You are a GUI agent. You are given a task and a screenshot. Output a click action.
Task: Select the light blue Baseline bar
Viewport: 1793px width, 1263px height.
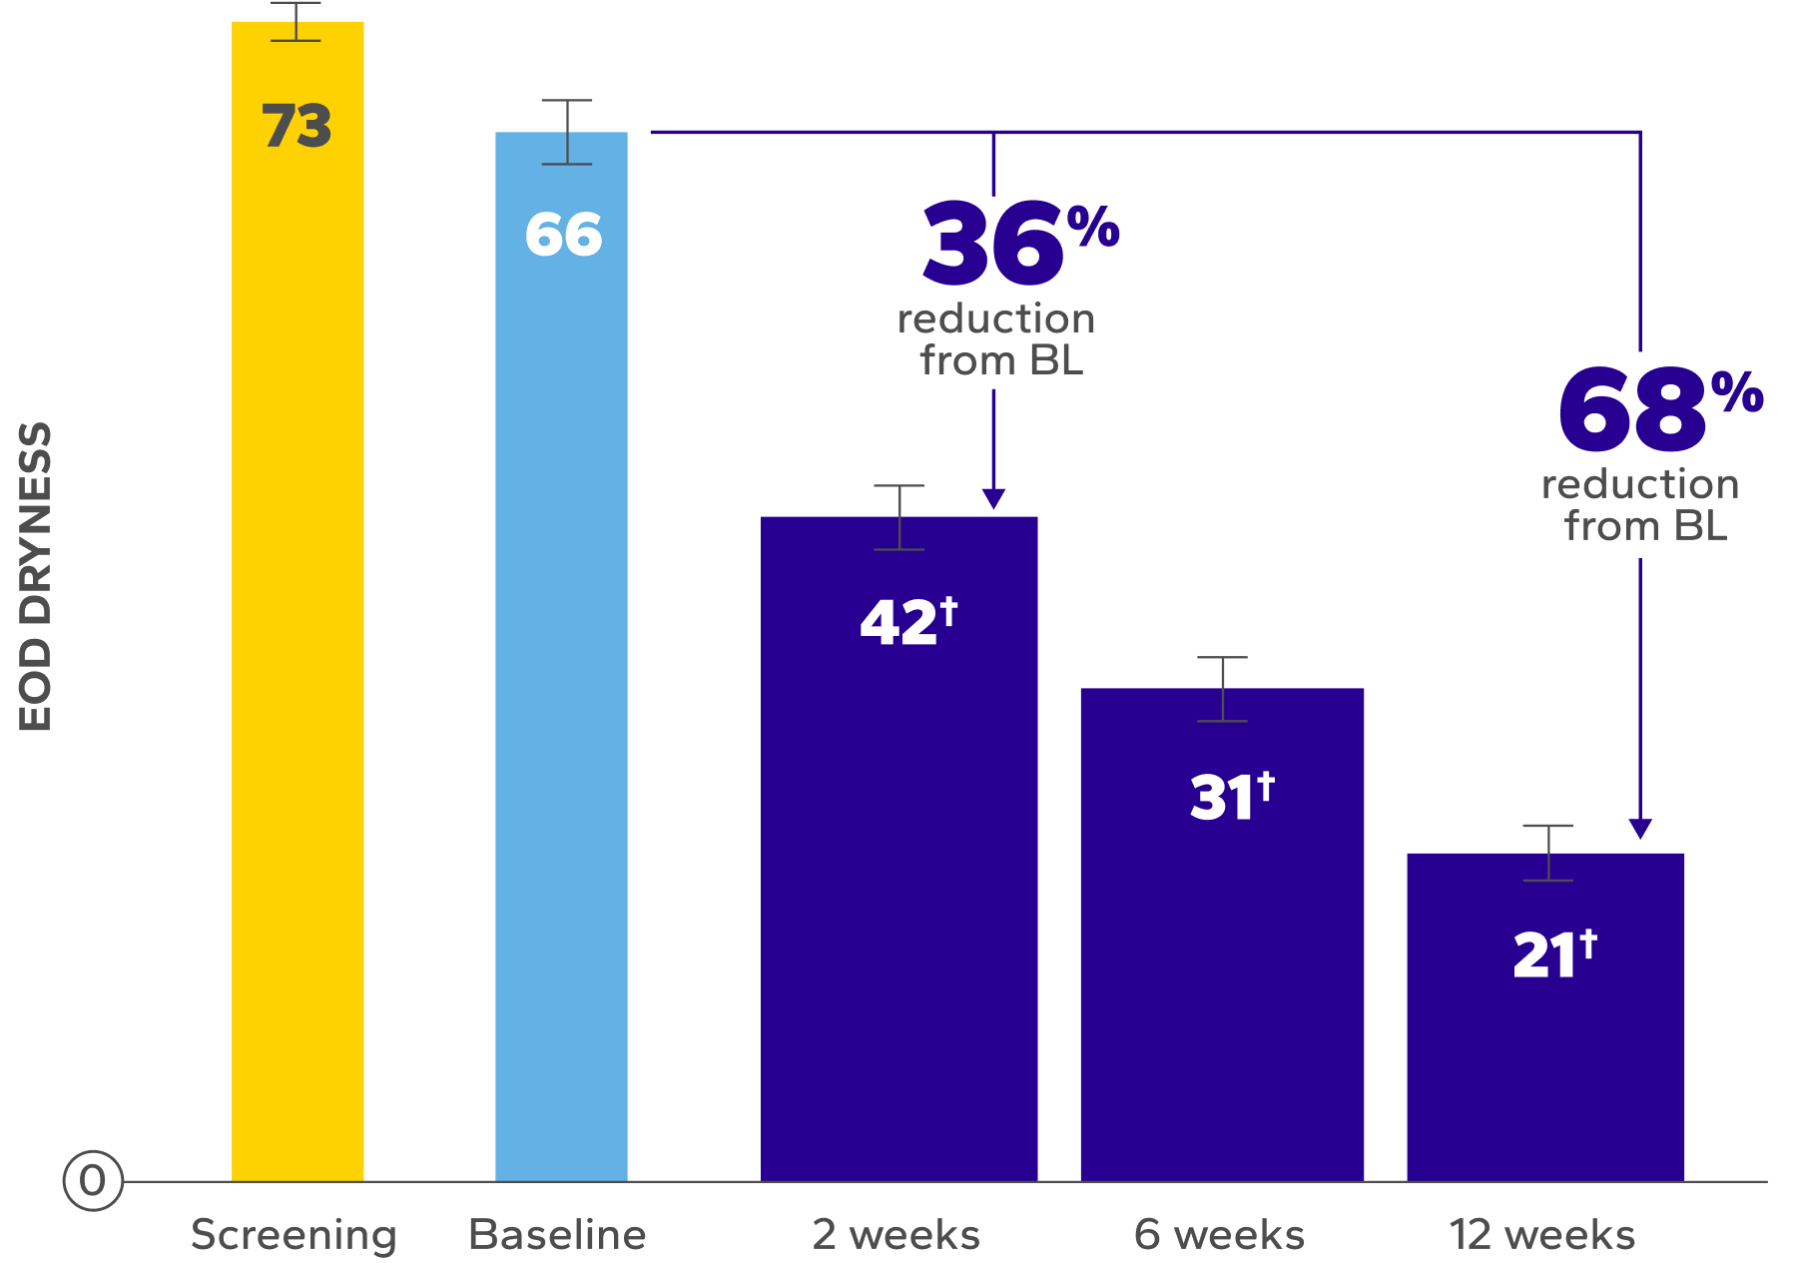(561, 699)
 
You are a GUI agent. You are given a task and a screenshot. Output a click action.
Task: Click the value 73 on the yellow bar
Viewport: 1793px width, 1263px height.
(297, 126)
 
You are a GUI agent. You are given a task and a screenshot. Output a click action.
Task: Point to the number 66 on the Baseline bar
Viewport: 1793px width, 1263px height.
(563, 235)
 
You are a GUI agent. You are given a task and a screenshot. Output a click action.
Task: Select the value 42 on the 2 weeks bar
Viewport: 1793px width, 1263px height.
(898, 623)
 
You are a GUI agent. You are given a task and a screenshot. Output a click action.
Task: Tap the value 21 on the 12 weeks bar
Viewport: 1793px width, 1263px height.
(1543, 954)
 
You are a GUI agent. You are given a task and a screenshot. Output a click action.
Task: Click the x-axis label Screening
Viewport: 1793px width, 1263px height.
(294, 1235)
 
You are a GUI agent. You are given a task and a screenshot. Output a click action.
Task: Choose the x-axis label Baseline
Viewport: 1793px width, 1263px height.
(557, 1235)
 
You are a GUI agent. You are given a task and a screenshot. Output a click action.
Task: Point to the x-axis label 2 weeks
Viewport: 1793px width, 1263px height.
(896, 1235)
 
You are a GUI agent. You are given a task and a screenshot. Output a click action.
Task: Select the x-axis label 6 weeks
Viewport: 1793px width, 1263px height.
(1219, 1235)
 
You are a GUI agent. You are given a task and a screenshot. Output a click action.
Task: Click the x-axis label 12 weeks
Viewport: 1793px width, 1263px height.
(1542, 1235)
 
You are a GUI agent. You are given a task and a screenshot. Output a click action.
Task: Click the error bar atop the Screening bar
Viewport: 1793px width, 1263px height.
(296, 21)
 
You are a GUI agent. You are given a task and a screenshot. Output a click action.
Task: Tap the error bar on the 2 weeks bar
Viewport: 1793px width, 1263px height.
(898, 517)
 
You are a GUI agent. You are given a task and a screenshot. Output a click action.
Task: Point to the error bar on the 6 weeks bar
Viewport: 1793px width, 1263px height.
(1222, 689)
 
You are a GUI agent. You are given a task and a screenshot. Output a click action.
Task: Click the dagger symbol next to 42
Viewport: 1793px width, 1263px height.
(948, 611)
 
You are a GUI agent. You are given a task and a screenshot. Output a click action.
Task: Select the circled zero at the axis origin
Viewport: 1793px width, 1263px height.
(92, 1180)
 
